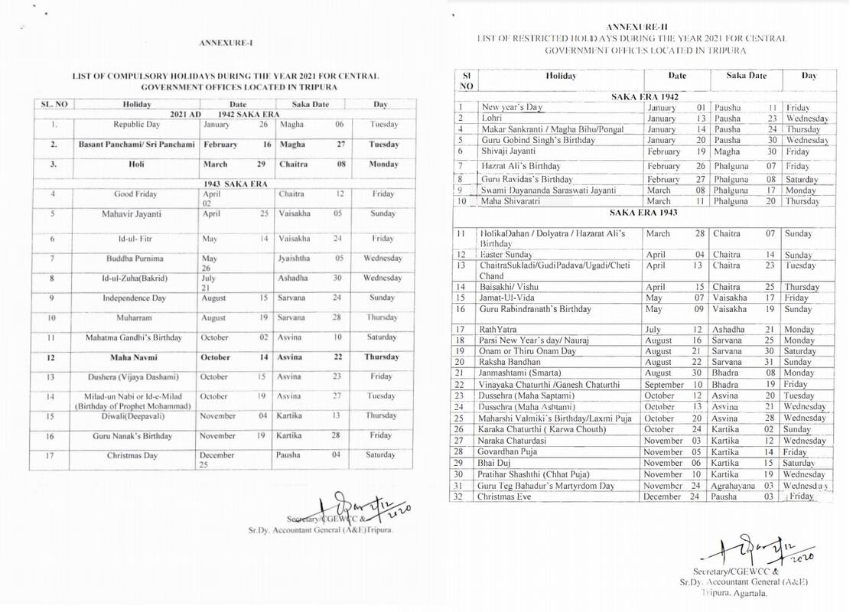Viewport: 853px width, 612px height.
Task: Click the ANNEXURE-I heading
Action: point(225,43)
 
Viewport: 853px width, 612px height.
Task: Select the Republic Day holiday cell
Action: point(136,124)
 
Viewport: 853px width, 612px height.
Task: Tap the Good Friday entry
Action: point(136,194)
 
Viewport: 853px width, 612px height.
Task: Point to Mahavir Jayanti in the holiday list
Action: point(136,214)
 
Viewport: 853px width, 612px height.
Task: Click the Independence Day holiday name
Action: point(136,298)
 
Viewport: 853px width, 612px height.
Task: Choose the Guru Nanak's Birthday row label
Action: point(136,436)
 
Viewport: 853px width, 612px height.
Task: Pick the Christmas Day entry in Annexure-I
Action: point(136,456)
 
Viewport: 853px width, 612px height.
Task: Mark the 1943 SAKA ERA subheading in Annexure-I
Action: point(225,184)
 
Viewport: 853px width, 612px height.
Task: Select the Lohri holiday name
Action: point(492,119)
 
